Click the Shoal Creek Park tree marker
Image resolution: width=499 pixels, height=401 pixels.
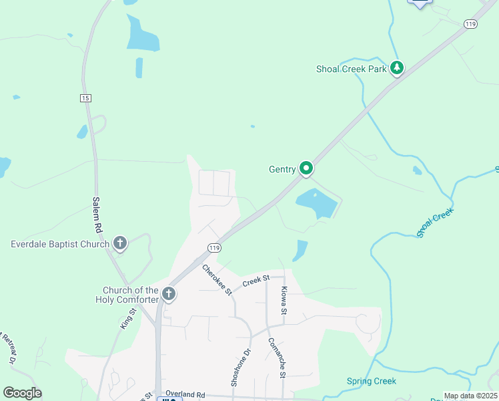point(397,68)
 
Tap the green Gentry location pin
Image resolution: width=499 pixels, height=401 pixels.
point(306,168)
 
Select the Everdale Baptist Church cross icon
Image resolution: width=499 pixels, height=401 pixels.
point(120,243)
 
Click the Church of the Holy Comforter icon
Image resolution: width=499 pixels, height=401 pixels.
point(169,293)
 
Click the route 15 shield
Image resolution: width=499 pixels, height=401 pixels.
point(85,98)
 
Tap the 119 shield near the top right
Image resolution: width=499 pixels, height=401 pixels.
point(471,24)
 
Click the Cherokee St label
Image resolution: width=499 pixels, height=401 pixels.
point(216,279)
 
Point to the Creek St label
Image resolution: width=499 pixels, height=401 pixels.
point(256,281)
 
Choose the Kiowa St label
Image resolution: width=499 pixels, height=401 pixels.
point(284,301)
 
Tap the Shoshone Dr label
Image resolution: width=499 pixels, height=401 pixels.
point(240,367)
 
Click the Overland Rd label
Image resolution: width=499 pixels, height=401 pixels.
point(186,395)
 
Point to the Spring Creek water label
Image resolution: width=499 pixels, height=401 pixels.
point(371,382)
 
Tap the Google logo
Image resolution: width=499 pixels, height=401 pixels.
point(22,393)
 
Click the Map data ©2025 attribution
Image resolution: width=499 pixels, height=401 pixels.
point(470,396)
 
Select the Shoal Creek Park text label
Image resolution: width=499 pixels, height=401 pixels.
point(352,68)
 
